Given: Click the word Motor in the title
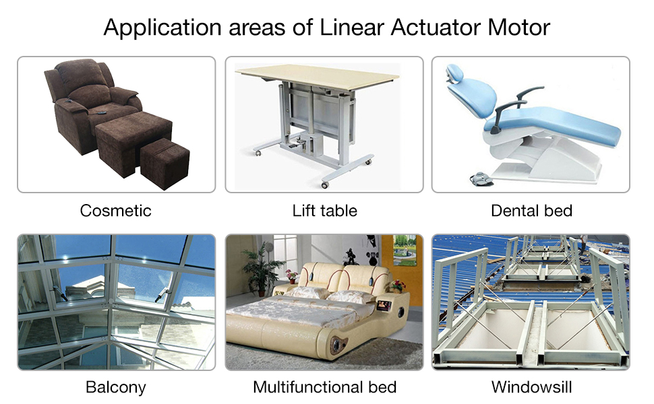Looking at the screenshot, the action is (x=518, y=28).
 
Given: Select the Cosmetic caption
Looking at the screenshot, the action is (x=115, y=211).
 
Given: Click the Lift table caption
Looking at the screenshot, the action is (x=324, y=211).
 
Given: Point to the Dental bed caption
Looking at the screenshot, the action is (x=531, y=211).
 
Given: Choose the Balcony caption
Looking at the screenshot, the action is (x=115, y=387).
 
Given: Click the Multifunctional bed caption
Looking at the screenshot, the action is (x=324, y=387).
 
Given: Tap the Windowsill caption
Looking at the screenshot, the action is (x=531, y=387).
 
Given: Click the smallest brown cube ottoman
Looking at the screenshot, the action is (x=165, y=164).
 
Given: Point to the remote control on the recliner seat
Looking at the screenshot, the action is (x=100, y=112).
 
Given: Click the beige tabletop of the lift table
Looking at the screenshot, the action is (x=317, y=77).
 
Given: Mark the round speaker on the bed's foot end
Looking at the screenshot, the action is (x=337, y=344).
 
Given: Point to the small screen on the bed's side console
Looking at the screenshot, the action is (x=384, y=305).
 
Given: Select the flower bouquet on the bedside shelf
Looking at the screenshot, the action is (x=398, y=285).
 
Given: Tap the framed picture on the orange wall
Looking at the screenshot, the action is (x=405, y=250).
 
